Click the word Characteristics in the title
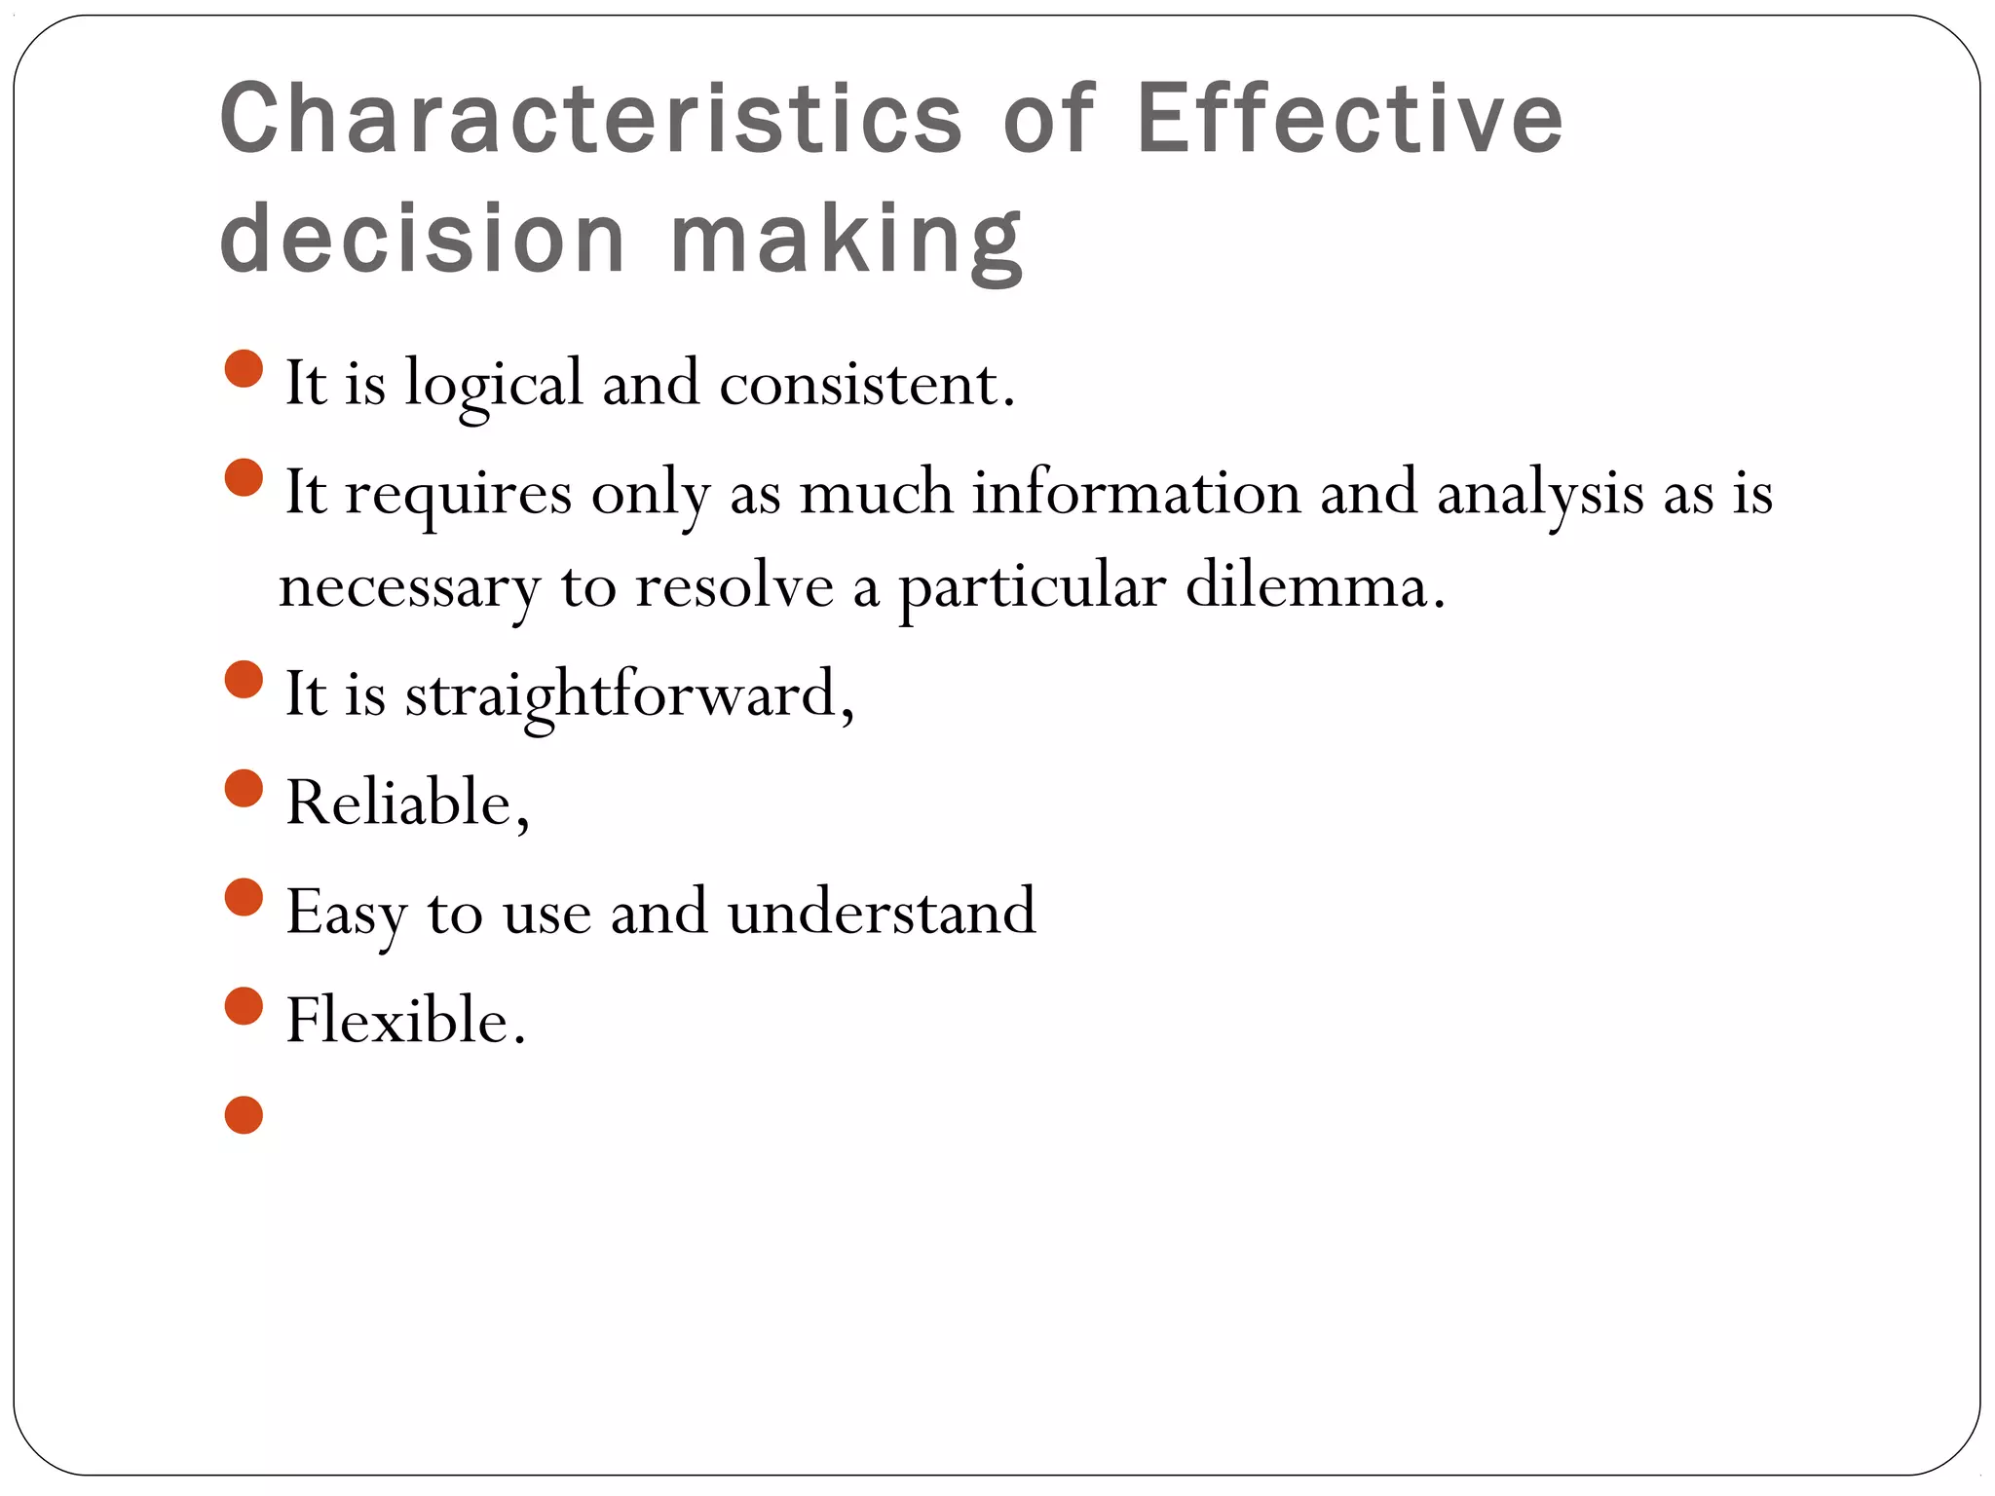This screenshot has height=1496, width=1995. coord(591,119)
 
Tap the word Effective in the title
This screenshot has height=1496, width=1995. coord(1349,119)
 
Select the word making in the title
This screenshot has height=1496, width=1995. coord(847,240)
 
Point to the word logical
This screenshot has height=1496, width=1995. coord(494,385)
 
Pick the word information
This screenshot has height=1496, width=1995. coord(1137,493)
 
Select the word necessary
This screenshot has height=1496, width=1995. coord(409,588)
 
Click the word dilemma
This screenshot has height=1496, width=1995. coord(1315,586)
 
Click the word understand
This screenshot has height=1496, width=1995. coord(882,913)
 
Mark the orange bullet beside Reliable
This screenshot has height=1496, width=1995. coord(244,789)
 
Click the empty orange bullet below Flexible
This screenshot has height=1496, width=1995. coord(244,1115)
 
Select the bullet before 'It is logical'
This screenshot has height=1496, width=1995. coord(244,369)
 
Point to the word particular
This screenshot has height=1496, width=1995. coord(1032,588)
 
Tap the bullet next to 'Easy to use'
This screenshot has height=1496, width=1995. coord(244,898)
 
